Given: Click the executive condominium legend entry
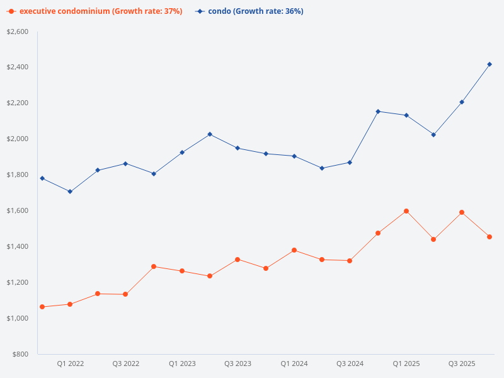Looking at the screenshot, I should point(94,11).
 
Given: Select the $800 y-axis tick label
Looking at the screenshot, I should point(20,354).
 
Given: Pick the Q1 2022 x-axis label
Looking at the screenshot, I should point(70,364).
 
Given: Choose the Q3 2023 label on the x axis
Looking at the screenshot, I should point(238,364).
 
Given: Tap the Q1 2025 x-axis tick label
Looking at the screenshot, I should point(406,364).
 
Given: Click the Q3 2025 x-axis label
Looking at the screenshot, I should point(462,364).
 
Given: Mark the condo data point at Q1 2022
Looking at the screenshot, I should point(70,192).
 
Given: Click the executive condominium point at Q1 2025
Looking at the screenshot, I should point(406,211).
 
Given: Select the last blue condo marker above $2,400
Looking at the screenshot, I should point(490,64).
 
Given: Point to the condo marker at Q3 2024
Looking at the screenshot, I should point(350,163).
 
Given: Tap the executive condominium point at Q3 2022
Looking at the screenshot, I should point(125,294).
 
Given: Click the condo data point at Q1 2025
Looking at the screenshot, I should point(406,115).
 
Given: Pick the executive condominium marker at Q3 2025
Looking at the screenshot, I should point(462,212).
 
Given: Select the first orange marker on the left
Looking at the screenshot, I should point(42,307).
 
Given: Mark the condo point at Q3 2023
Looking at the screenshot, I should point(238,148).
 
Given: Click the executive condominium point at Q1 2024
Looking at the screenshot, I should point(294,250).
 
